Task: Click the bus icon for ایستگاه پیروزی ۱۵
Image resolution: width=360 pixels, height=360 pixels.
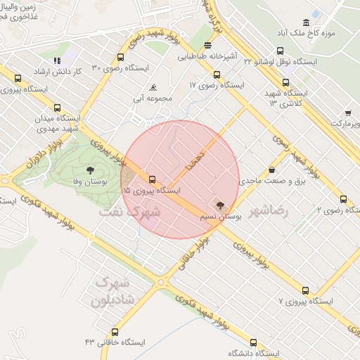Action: [x=153, y=179]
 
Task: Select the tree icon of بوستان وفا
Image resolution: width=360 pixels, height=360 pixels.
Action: [x=91, y=170]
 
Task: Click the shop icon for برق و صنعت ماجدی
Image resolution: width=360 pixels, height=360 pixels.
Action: [x=272, y=169]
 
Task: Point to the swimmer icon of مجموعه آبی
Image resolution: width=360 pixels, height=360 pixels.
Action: [x=153, y=87]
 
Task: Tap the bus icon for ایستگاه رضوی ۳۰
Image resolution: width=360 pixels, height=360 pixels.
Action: [x=121, y=57]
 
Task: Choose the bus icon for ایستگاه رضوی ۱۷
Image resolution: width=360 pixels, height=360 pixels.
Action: [x=217, y=75]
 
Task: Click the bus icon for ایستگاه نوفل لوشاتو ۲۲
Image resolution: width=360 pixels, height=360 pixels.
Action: [x=281, y=51]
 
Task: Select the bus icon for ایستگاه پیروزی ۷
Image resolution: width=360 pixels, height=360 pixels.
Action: [x=305, y=290]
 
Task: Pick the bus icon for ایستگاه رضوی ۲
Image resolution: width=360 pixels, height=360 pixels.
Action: [x=344, y=199]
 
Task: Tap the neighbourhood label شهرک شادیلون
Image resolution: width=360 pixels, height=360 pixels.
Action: [x=112, y=291]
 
